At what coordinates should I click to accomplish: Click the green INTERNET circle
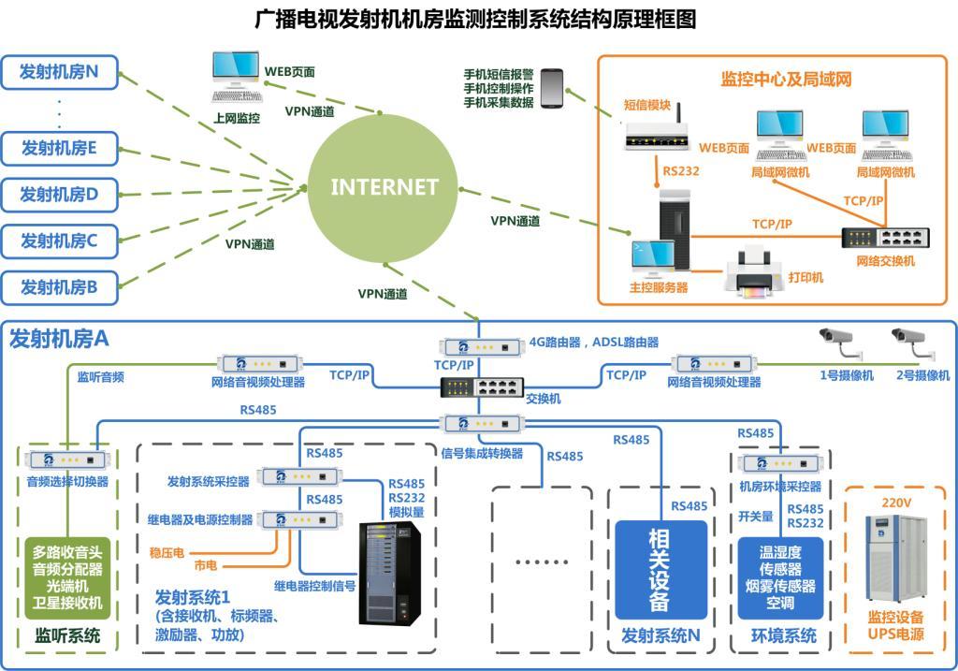tap(384, 185)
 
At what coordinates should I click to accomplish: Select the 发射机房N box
tap(60, 71)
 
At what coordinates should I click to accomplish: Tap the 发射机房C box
tap(60, 241)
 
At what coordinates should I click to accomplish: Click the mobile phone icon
tap(552, 87)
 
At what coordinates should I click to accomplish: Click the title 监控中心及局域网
tap(785, 79)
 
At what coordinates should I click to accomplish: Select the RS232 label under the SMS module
tap(681, 171)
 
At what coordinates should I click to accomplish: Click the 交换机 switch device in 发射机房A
tap(478, 387)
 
